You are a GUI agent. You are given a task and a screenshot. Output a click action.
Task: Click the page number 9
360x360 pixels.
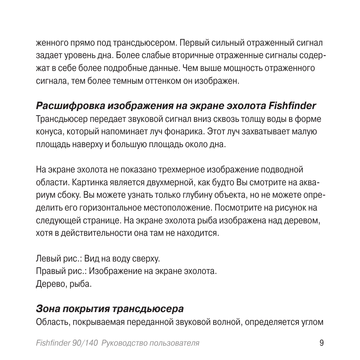[321, 343]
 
